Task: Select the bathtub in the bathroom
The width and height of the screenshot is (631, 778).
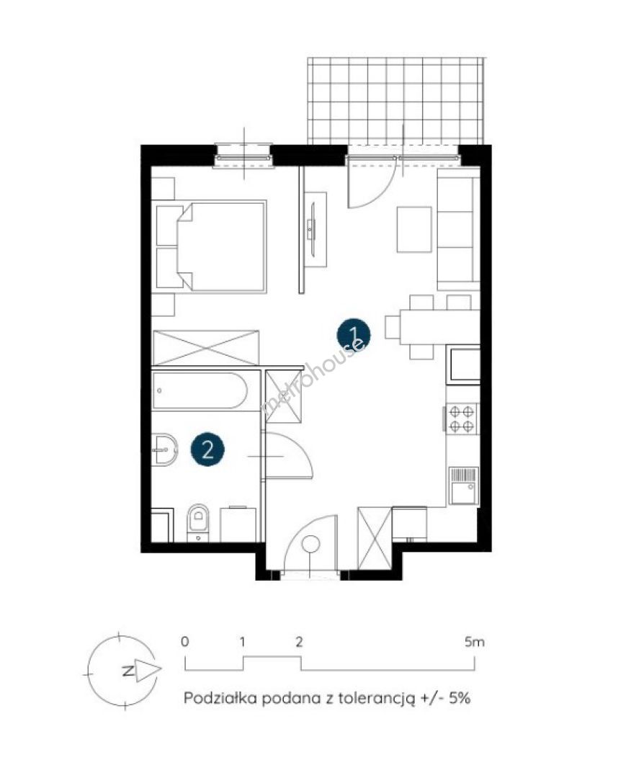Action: click(x=200, y=390)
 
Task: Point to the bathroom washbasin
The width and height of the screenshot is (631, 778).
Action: click(x=164, y=450)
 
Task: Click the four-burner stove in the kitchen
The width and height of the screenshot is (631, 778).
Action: click(x=462, y=419)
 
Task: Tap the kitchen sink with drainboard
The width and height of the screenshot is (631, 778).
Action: click(x=463, y=486)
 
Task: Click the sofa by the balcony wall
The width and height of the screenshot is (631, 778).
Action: click(x=458, y=229)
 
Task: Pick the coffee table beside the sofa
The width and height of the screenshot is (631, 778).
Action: click(x=413, y=230)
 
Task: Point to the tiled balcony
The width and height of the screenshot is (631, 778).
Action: click(x=395, y=101)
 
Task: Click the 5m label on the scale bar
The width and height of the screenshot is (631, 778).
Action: click(x=474, y=642)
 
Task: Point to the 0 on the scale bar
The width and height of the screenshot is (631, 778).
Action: click(x=184, y=642)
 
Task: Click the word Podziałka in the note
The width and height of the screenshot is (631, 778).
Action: click(x=220, y=697)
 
